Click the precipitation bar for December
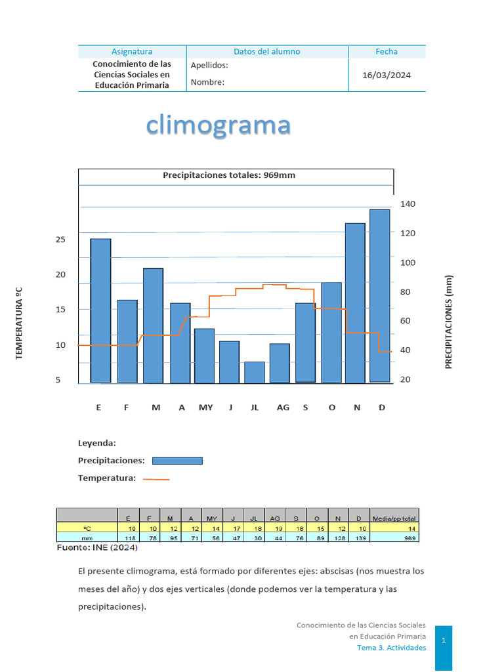click(379, 295)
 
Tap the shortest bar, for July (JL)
click(255, 372)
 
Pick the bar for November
click(355, 303)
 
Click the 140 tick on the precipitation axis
click(408, 204)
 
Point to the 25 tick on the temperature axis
click(60, 240)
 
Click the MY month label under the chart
click(206, 408)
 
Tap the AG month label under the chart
click(283, 408)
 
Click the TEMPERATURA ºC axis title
click(19, 323)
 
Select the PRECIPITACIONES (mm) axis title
click(449, 322)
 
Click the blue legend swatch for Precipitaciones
click(177, 461)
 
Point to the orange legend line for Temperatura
click(156, 479)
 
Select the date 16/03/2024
click(387, 75)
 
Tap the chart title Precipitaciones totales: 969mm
click(229, 175)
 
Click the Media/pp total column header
click(394, 518)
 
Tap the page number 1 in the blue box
click(443, 639)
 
